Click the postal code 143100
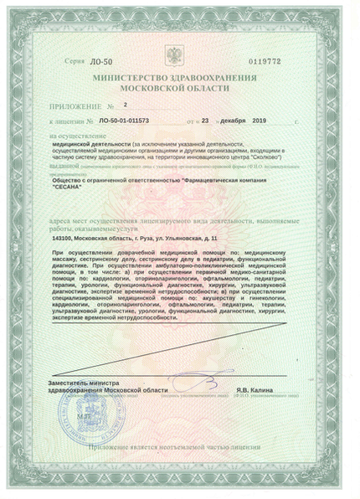tap(67, 239)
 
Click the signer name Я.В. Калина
tap(253, 388)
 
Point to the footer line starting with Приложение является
tap(179, 473)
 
